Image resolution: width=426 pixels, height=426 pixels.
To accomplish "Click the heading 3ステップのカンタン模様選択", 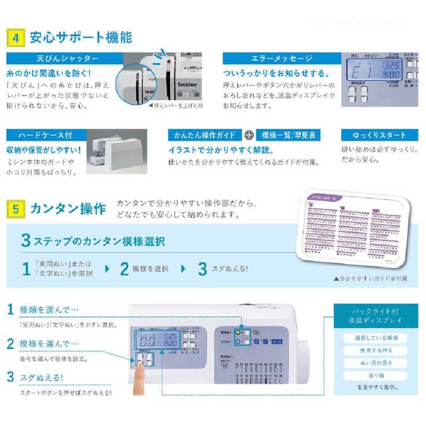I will (93, 241).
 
